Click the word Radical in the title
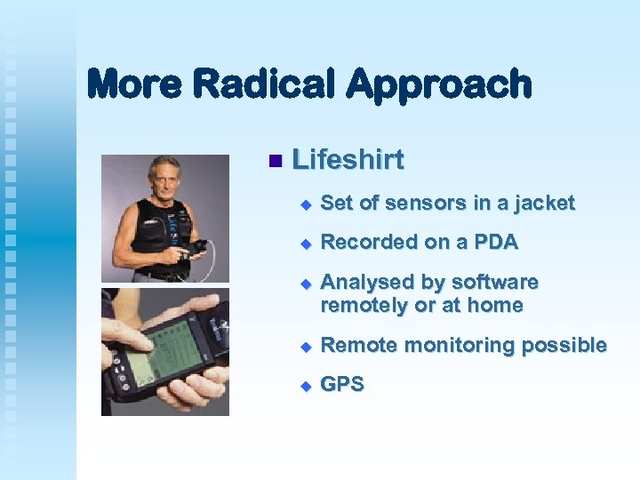[x=265, y=84]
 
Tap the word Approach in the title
[x=439, y=84]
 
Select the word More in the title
[x=136, y=84]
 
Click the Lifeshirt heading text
[x=348, y=160]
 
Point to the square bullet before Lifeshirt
[x=274, y=161]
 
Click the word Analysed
[x=367, y=283]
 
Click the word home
[x=497, y=306]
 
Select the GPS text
[x=342, y=385]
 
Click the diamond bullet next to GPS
[x=304, y=386]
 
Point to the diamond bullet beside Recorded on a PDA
[x=304, y=244]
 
